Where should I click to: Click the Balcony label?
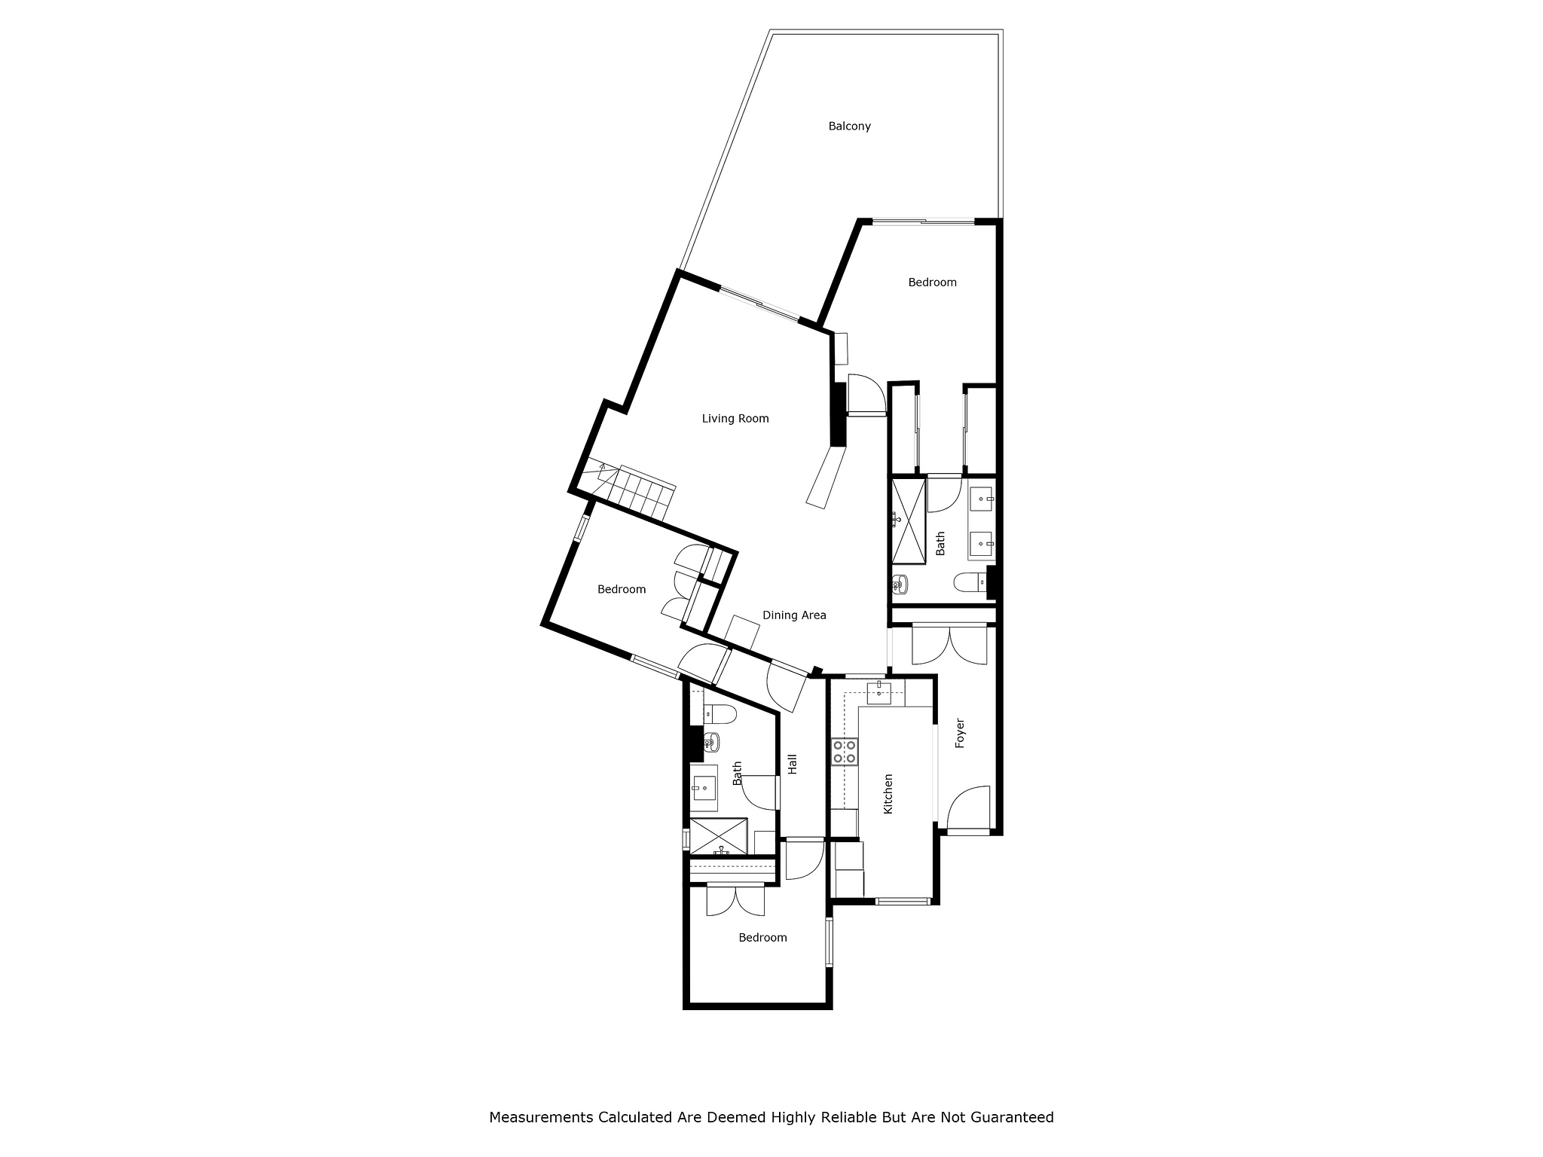pyautogui.click(x=849, y=127)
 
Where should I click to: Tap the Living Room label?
pyautogui.click(x=735, y=419)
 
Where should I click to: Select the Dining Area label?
pyautogui.click(x=794, y=615)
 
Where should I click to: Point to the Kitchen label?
pyautogui.click(x=888, y=794)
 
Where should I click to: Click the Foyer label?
pyautogui.click(x=960, y=733)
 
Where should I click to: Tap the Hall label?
pyautogui.click(x=792, y=765)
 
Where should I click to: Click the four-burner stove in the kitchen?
pyautogui.click(x=845, y=752)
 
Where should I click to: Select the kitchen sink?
pyautogui.click(x=878, y=692)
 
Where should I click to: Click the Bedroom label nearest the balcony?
pyautogui.click(x=932, y=282)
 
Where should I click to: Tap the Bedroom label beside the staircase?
pyautogui.click(x=622, y=590)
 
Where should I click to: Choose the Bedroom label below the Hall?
pyautogui.click(x=762, y=938)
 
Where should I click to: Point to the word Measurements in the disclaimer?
pyautogui.click(x=541, y=1117)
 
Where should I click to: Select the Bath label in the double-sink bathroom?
pyautogui.click(x=940, y=544)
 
